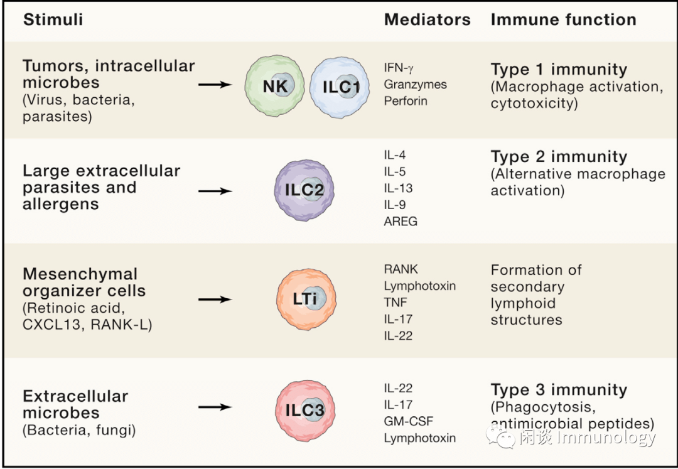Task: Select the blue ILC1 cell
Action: pyautogui.click(x=340, y=87)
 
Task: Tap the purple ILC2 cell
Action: pyautogui.click(x=305, y=190)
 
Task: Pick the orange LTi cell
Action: pyautogui.click(x=305, y=299)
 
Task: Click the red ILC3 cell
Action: pyautogui.click(x=305, y=409)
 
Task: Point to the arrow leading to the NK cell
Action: pyautogui.click(x=215, y=84)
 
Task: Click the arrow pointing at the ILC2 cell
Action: pyautogui.click(x=215, y=191)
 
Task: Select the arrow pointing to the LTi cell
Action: pyautogui.click(x=215, y=299)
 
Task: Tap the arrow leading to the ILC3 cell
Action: pyautogui.click(x=215, y=407)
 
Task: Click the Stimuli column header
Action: pyautogui.click(x=53, y=19)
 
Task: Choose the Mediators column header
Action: pyautogui.click(x=427, y=19)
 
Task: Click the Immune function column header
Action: pyautogui.click(x=563, y=19)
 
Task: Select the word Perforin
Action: pyautogui.click(x=406, y=100)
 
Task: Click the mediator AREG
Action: pyautogui.click(x=401, y=221)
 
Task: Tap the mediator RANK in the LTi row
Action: pyautogui.click(x=401, y=269)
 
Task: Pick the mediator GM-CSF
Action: pyautogui.click(x=409, y=421)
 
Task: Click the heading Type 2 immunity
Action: pyautogui.click(x=559, y=156)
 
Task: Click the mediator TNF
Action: pyautogui.click(x=395, y=302)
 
